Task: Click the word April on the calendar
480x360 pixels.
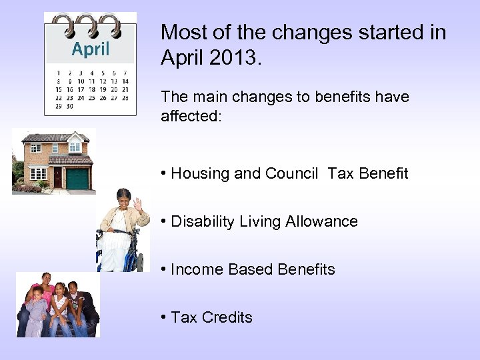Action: click(x=91, y=49)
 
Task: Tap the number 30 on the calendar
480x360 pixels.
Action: click(x=70, y=106)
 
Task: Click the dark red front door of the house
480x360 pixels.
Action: click(x=57, y=177)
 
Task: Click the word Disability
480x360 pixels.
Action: click(x=198, y=221)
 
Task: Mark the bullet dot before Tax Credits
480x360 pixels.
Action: click(x=163, y=317)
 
